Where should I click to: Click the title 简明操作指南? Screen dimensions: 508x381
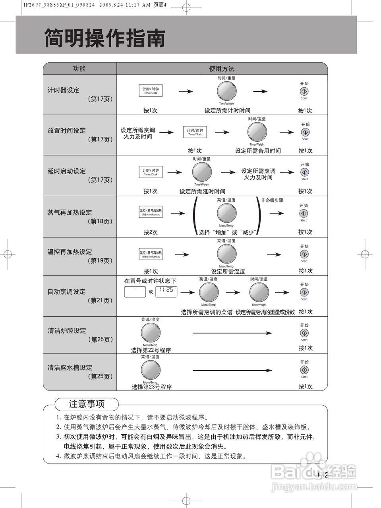pyautogui.click(x=105, y=38)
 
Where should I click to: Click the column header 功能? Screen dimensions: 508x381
pyautogui.click(x=79, y=69)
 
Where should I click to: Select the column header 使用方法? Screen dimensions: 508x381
pyautogui.click(x=222, y=69)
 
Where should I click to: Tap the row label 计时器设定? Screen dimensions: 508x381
pyautogui.click(x=64, y=90)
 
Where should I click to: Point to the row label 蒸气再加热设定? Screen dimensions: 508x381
pyautogui.click(x=70, y=212)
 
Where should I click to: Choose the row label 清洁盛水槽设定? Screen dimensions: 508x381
pyautogui.click(x=70, y=368)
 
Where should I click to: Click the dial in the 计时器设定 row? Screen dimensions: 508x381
pyautogui.click(x=227, y=91)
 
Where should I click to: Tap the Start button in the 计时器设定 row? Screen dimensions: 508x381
pyautogui.click(x=304, y=91)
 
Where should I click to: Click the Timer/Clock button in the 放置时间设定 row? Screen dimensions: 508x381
pyautogui.click(x=195, y=132)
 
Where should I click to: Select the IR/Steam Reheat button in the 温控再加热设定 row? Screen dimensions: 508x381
pyautogui.click(x=151, y=254)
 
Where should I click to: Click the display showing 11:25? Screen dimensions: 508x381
pyautogui.click(x=166, y=291)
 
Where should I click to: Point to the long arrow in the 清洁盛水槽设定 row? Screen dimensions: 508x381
pyautogui.click(x=232, y=371)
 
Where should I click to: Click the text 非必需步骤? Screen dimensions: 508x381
pyautogui.click(x=272, y=200)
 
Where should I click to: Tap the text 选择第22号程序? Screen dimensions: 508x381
pyautogui.click(x=151, y=350)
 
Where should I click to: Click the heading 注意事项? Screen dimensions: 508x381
pyautogui.click(x=87, y=404)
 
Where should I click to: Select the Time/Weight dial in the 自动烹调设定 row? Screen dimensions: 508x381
pyautogui.click(x=259, y=292)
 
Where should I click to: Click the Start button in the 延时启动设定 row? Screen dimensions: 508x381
pyautogui.click(x=304, y=172)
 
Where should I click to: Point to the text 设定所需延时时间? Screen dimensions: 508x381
pyautogui.click(x=202, y=191)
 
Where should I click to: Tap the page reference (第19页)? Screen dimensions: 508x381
pyautogui.click(x=100, y=261)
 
